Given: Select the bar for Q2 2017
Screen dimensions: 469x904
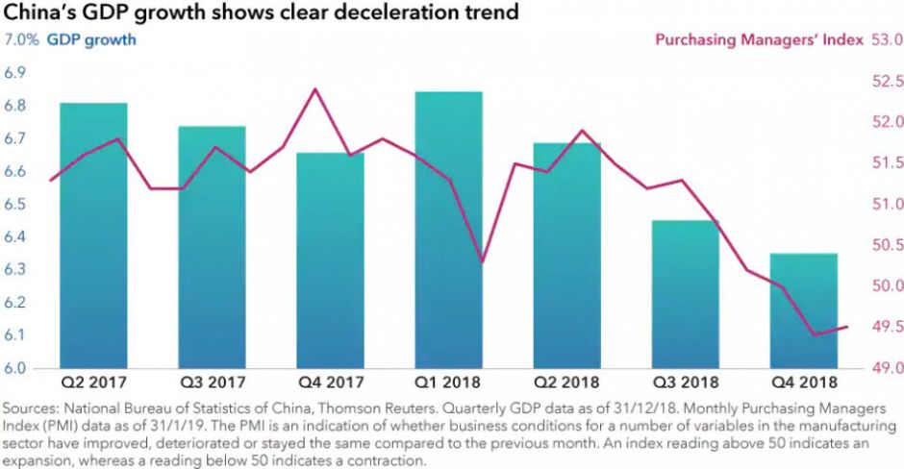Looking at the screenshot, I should tap(93, 235).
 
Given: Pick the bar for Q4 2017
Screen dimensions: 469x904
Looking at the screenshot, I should tap(330, 259).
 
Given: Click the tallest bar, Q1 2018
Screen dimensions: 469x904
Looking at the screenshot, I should tap(448, 230).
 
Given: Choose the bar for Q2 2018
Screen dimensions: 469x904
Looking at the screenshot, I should tap(566, 255).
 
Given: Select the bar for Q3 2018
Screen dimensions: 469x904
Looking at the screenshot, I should tap(685, 294).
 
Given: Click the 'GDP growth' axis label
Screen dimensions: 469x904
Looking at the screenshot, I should tap(91, 40).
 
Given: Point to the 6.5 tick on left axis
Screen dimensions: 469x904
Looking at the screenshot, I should tap(17, 205).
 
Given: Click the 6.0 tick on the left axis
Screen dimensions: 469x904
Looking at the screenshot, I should tap(17, 368).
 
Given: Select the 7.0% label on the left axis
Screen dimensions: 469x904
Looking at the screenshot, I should tap(21, 40).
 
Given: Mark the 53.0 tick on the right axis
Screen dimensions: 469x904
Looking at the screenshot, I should tap(886, 40).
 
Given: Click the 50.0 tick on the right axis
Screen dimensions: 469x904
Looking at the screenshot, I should tap(886, 286).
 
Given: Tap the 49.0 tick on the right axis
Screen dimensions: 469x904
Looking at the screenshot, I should tap(886, 368).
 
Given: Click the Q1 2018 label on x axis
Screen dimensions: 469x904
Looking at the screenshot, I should tap(448, 381).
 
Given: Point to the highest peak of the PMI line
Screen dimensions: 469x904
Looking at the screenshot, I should tap(314, 89).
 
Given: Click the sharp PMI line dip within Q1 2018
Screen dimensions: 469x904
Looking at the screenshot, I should tap(482, 261).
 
